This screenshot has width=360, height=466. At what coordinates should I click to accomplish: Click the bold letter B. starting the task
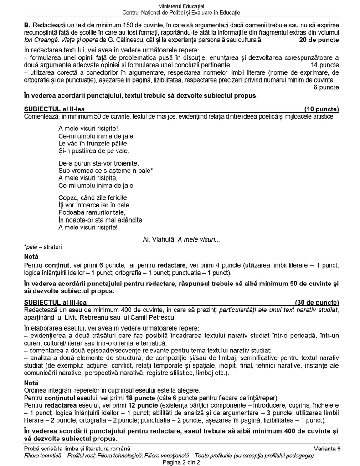click(26, 24)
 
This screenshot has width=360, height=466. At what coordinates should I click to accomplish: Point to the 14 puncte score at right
click(324, 65)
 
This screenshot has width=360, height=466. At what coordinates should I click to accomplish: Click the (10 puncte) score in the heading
click(321, 109)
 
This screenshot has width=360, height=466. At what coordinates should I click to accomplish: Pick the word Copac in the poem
click(68, 197)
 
